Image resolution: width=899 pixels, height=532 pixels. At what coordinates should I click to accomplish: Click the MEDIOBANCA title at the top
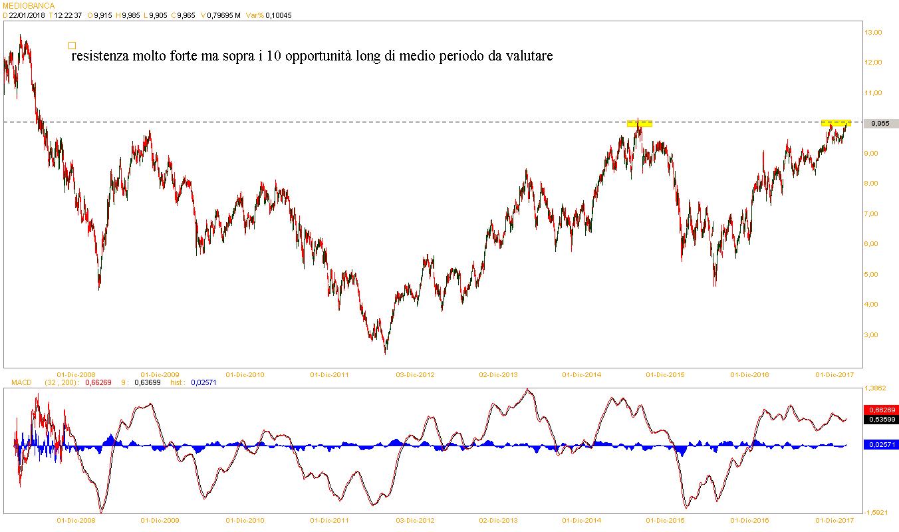click(29, 5)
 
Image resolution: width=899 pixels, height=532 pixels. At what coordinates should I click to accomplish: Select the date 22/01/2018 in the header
click(27, 15)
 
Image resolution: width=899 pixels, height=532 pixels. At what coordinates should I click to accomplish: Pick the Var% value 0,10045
click(278, 15)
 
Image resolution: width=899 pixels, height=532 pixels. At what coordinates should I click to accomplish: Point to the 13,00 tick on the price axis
click(872, 32)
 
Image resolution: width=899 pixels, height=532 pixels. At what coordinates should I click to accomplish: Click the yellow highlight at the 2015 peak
click(640, 123)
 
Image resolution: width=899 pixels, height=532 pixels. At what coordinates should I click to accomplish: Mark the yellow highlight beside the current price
click(836, 123)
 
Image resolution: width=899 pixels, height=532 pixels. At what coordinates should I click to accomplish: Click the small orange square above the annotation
click(72, 45)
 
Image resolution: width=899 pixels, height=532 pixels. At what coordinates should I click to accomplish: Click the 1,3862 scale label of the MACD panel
click(876, 387)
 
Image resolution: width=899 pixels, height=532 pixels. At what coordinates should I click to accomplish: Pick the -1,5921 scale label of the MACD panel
click(876, 512)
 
